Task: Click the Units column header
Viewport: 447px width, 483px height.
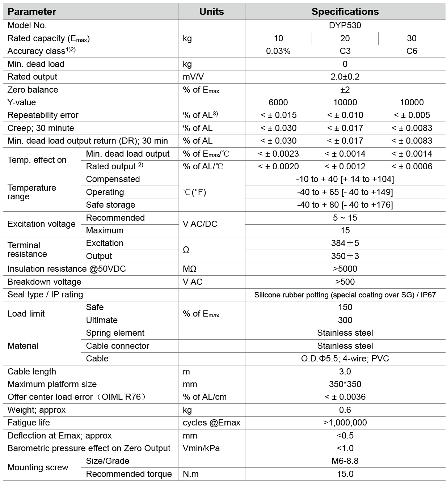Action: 211,12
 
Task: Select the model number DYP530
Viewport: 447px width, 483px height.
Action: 345,25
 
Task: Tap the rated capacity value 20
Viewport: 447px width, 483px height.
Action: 345,38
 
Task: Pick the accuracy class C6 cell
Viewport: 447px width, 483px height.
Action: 412,51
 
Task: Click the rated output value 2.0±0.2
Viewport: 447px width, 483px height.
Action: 345,77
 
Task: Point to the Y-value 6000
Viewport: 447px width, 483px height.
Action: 278,102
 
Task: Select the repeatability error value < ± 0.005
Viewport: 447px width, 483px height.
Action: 412,115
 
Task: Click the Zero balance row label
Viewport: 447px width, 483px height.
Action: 33,90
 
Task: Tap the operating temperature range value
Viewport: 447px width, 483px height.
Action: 345,192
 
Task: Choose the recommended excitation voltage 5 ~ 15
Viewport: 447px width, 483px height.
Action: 345,218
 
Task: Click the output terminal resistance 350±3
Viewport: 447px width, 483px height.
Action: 345,256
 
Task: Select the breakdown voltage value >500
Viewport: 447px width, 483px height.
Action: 345,282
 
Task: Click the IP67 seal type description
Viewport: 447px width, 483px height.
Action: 345,295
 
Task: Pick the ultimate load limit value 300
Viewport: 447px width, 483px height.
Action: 345,320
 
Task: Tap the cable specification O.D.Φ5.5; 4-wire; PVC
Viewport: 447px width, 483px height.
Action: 345,359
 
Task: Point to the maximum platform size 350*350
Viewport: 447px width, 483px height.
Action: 345,384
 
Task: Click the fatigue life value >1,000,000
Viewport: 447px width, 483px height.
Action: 345,423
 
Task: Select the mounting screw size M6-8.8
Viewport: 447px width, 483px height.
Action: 345,461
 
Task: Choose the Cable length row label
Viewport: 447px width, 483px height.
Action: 32,372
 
